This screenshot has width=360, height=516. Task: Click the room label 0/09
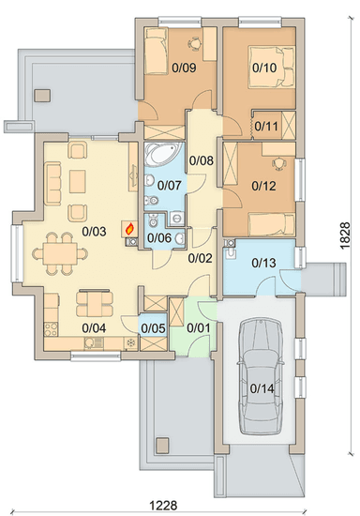click(x=184, y=68)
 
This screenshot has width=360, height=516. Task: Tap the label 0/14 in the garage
click(x=262, y=388)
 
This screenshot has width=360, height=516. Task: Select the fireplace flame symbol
click(x=130, y=228)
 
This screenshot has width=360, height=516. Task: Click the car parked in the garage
click(x=261, y=375)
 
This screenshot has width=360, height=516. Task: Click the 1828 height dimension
click(x=345, y=235)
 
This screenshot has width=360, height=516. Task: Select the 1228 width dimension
click(x=163, y=505)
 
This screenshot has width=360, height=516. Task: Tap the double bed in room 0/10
click(x=272, y=68)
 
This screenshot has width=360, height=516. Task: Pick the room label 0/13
click(x=263, y=263)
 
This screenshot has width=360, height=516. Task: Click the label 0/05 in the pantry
click(x=153, y=328)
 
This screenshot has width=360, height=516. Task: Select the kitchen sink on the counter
click(x=90, y=343)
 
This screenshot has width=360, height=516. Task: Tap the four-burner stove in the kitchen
click(x=51, y=329)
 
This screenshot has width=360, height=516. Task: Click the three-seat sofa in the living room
click(x=52, y=183)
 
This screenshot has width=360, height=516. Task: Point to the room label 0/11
click(x=266, y=126)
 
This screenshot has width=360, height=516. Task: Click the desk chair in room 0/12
click(x=278, y=163)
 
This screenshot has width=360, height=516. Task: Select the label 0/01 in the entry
click(x=198, y=328)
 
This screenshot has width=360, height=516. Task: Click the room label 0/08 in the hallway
click(x=202, y=160)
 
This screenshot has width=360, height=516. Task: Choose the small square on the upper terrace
click(x=43, y=96)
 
